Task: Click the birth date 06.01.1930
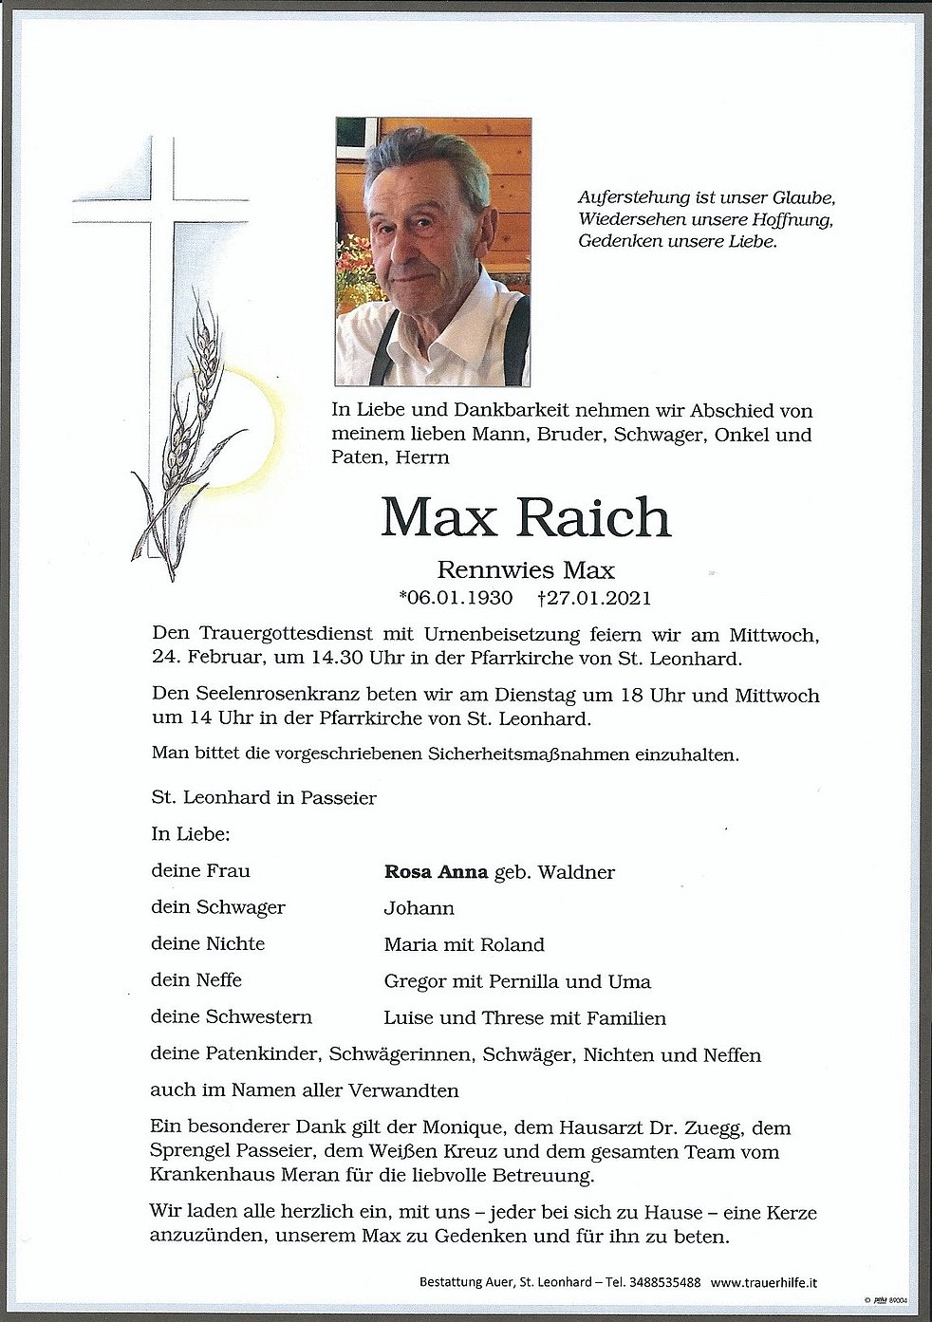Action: pos(458,598)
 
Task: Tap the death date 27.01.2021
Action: pos(599,598)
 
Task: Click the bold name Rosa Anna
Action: pos(436,871)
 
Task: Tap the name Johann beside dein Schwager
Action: pos(419,908)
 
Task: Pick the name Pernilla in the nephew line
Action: pos(519,981)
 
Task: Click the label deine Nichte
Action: pos(207,944)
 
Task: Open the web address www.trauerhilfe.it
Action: pos(765,1282)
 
